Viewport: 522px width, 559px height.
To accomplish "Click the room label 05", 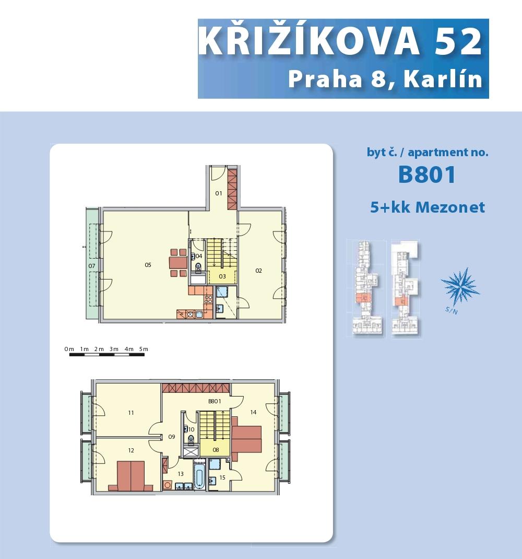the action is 148,265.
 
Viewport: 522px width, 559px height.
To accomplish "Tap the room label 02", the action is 259,271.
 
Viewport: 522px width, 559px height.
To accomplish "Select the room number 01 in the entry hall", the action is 218,193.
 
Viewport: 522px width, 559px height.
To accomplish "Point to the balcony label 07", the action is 92,266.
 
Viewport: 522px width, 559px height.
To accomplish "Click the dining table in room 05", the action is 178,263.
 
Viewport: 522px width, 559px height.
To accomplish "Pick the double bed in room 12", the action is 131,476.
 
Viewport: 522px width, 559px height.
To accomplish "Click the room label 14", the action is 253,412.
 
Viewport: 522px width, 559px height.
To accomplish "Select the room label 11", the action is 131,413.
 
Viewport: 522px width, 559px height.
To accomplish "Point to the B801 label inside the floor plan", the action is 215,401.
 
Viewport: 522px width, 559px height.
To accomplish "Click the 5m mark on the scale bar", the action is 144,349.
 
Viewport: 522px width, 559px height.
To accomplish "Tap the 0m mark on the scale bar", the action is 69,349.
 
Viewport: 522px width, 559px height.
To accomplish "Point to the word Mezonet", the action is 450,207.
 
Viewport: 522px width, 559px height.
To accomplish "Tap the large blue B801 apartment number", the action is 427,174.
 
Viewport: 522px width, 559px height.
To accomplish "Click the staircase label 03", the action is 222,276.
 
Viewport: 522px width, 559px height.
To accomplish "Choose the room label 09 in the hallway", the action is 172,437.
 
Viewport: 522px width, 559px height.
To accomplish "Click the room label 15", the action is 222,478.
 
